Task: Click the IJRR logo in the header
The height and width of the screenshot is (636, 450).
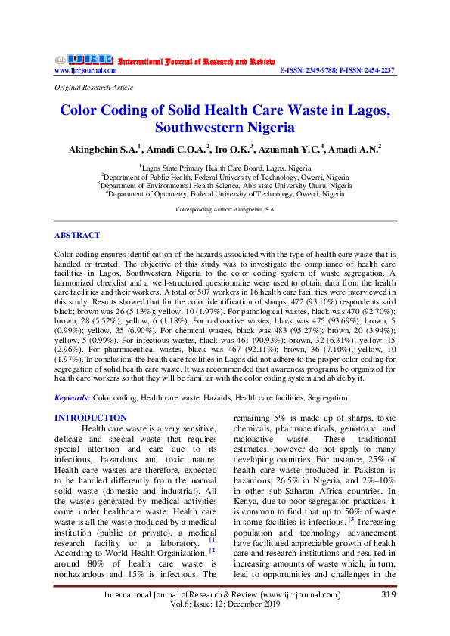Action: point(84,60)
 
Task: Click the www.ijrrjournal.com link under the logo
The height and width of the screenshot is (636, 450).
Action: point(85,70)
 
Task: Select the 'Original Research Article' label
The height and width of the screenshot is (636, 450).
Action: point(94,88)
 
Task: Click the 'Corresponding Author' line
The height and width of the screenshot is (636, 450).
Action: point(225,208)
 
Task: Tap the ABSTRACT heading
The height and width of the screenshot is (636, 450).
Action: point(76,235)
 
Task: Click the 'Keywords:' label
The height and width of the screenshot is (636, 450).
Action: point(72,397)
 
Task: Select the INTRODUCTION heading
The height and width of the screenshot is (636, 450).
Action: point(91,418)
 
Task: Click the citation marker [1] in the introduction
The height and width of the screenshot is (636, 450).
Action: point(213,539)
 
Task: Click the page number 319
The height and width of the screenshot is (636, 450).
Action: point(384,594)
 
